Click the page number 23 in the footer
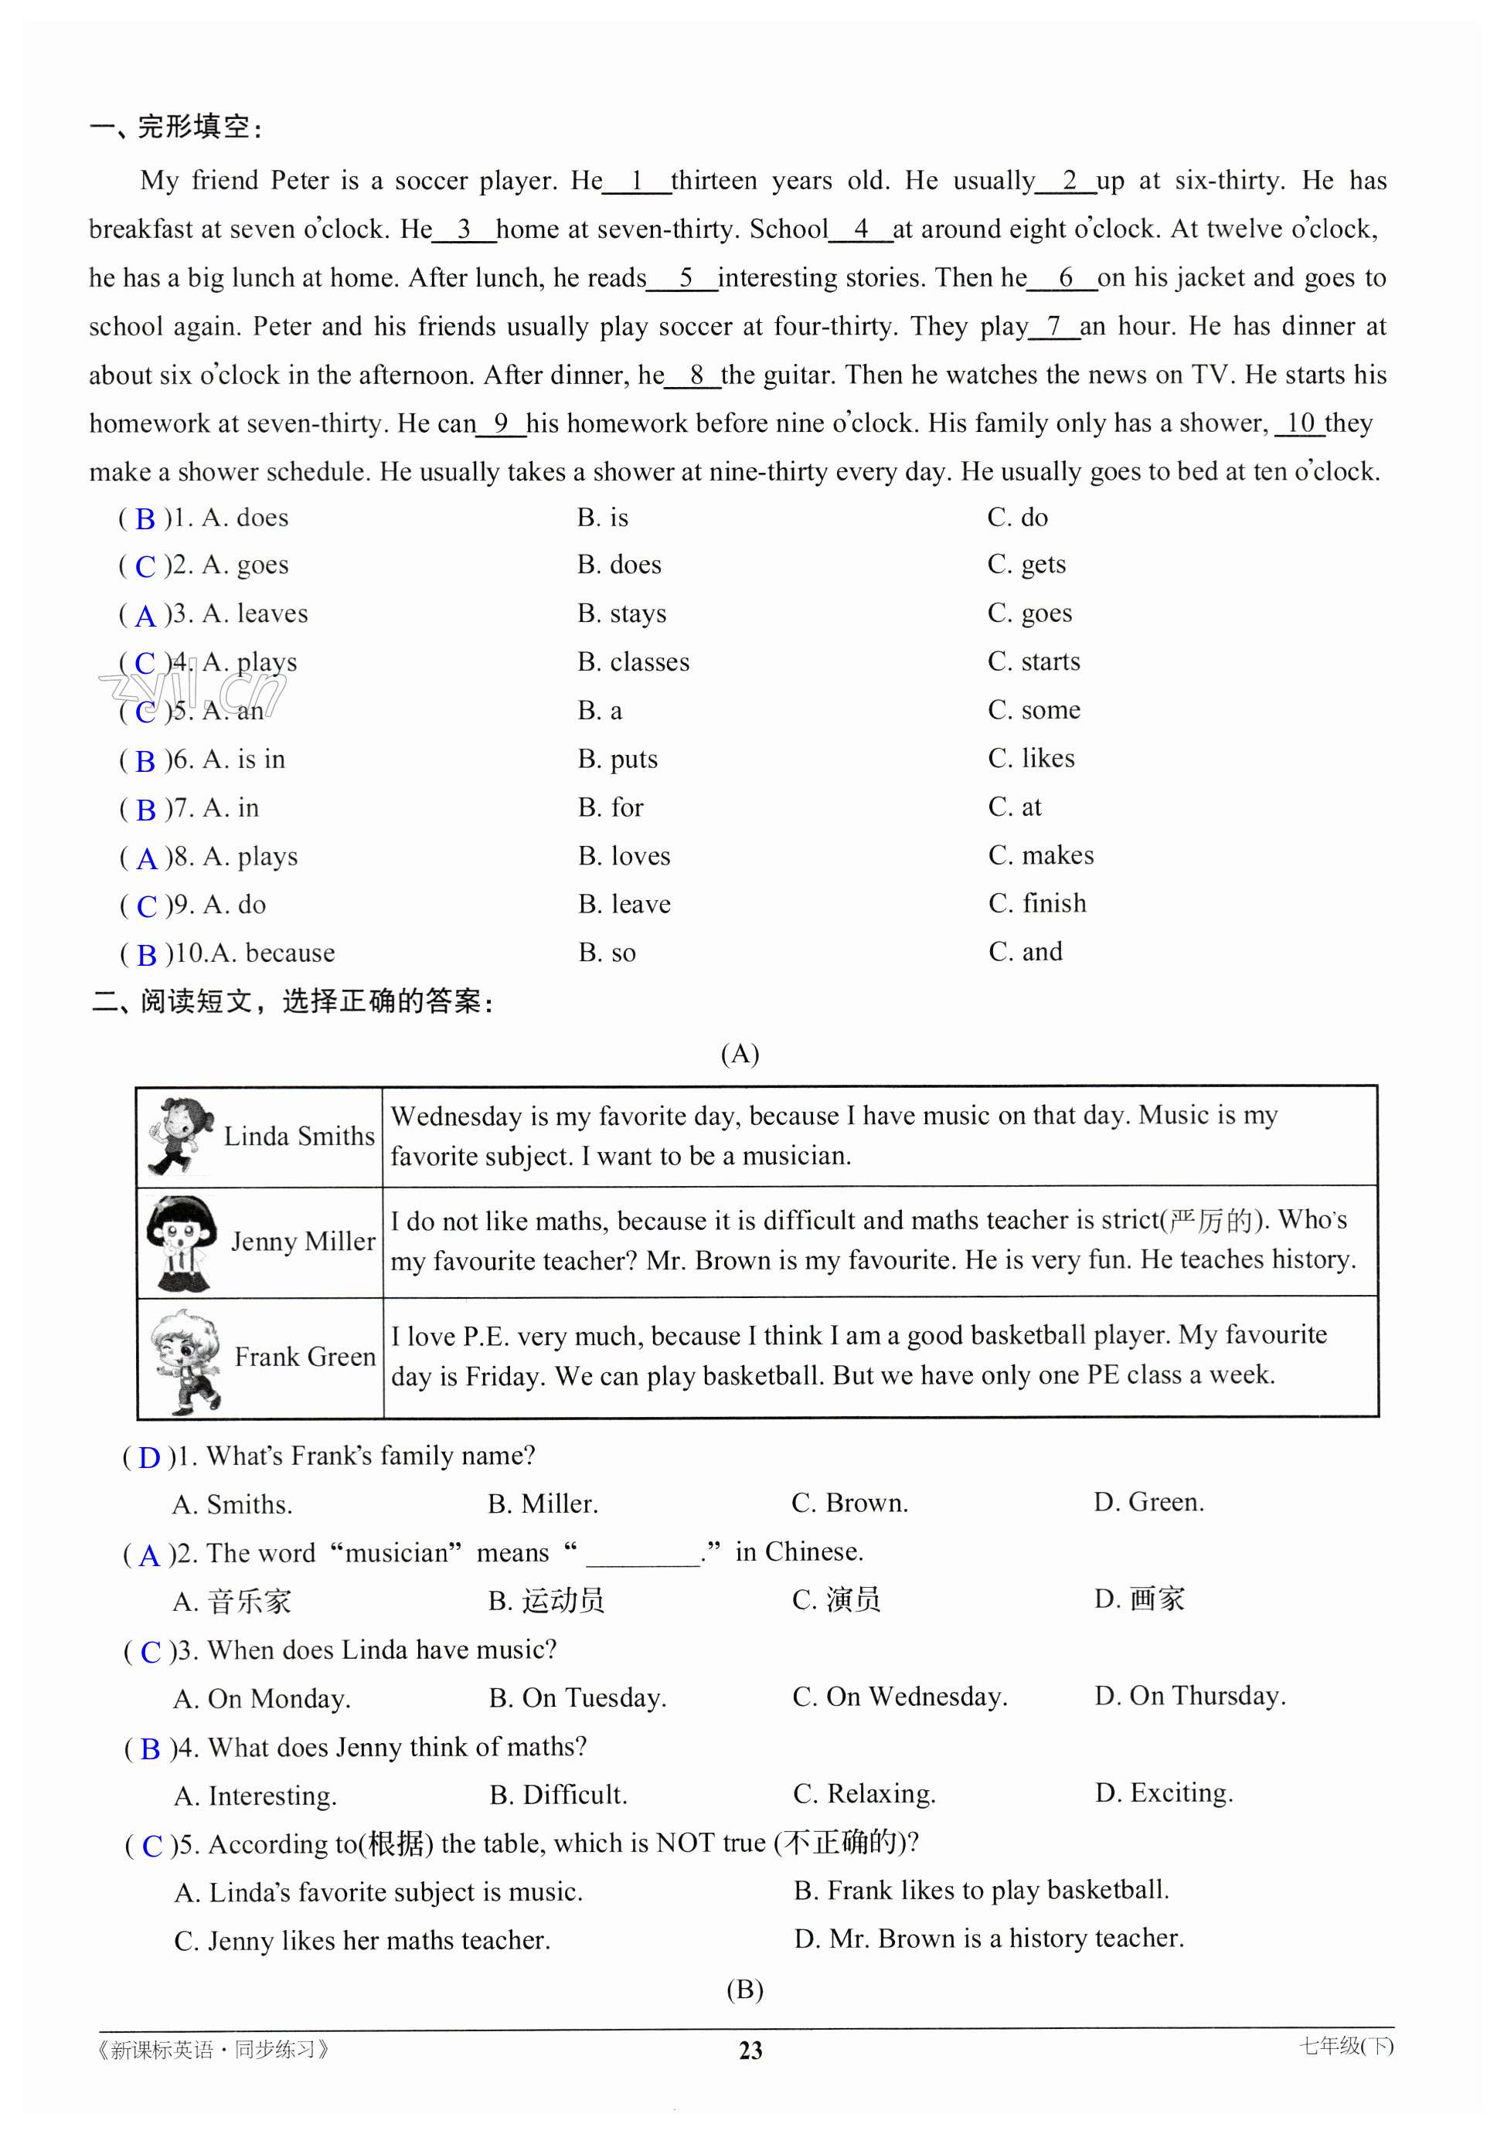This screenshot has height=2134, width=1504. pos(750,2050)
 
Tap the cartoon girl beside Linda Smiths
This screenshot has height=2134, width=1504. pos(179,1135)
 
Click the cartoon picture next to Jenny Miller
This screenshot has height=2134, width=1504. pos(182,1242)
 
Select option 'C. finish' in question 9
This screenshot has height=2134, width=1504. pos(1036,903)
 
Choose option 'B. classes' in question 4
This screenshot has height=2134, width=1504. pos(633,662)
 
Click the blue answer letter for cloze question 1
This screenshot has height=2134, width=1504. pos(145,518)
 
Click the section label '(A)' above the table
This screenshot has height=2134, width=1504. pos(740,1053)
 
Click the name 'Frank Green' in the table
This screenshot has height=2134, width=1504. pos(305,1357)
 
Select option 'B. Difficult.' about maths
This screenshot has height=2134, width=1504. pos(558,1794)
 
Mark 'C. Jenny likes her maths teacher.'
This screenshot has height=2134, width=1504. pos(362,1941)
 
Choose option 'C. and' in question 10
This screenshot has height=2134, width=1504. pos(1026,952)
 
